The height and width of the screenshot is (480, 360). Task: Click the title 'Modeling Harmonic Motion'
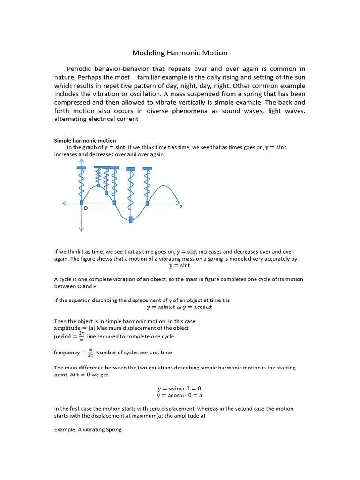[180, 53]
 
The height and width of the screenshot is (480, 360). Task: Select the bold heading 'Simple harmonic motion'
[85, 141]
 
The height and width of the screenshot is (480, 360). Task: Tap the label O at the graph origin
[85, 208]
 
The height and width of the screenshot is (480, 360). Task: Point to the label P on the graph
[180, 208]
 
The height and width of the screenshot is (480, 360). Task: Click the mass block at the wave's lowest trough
[131, 219]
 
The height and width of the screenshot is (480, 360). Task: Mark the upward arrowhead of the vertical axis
[82, 161]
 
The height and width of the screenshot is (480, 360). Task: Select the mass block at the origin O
[82, 202]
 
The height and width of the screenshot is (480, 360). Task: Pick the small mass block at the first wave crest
[106, 193]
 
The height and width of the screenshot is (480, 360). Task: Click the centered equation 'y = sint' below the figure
[180, 266]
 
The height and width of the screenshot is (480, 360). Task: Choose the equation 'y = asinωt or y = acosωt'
[180, 307]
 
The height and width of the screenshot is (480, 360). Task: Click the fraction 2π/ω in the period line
[81, 337]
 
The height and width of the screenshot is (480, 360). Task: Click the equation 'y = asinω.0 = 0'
[180, 389]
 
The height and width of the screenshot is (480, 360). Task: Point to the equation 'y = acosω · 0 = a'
[180, 396]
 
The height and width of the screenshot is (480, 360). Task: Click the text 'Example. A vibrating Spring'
[88, 429]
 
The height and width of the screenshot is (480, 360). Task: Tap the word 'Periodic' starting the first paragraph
[80, 69]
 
